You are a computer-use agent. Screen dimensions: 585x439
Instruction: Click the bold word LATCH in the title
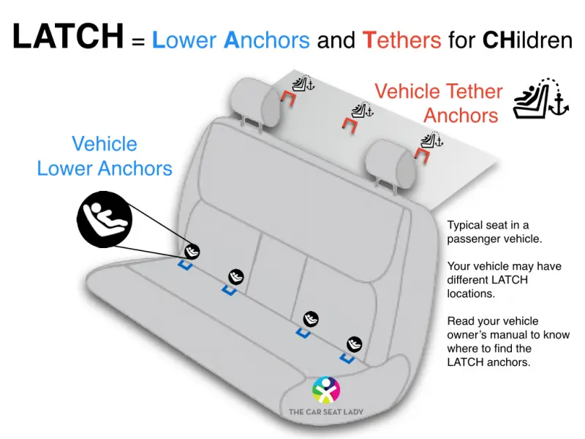click(68, 36)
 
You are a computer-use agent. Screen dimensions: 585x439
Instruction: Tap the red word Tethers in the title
click(401, 40)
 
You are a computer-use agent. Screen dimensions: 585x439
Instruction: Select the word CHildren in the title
click(527, 40)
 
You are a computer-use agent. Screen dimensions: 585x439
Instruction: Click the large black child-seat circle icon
click(105, 219)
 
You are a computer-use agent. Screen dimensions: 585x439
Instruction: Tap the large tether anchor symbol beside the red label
click(541, 99)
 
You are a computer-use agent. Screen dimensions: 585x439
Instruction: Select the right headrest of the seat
click(390, 163)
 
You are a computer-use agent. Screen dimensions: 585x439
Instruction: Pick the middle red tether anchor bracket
click(350, 124)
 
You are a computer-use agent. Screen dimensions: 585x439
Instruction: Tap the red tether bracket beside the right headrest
click(423, 154)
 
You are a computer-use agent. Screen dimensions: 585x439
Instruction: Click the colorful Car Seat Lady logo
click(326, 390)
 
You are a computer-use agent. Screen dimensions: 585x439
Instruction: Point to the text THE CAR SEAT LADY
click(325, 412)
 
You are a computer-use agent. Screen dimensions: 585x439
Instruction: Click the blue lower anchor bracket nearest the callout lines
click(185, 265)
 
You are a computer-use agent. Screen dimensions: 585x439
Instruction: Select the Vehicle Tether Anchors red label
click(439, 103)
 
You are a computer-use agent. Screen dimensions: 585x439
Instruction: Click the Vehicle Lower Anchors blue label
click(105, 156)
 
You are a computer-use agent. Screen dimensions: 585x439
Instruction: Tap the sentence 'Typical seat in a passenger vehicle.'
click(494, 232)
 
